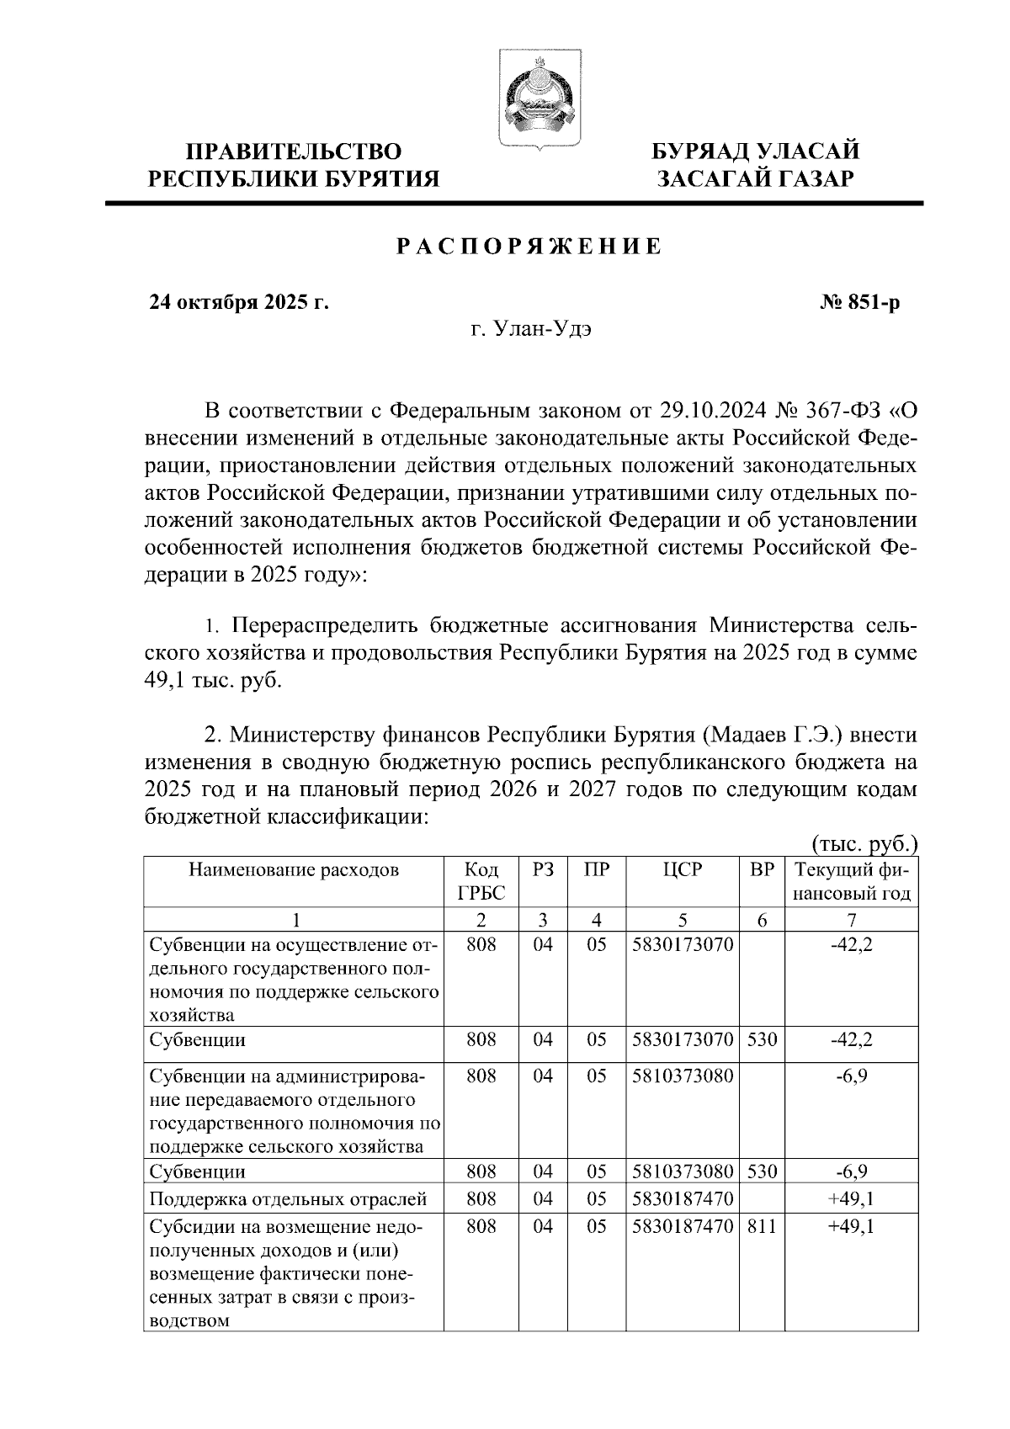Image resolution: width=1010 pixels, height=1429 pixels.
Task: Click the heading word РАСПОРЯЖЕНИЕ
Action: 529,247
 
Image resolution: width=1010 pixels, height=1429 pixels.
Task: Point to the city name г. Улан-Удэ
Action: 531,328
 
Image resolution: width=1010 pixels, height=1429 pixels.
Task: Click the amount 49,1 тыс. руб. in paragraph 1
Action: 215,680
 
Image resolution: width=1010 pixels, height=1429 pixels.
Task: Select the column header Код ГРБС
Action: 481,881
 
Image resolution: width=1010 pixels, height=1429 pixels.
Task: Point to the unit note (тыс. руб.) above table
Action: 864,844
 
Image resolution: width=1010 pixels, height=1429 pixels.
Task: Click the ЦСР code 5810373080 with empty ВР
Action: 682,1076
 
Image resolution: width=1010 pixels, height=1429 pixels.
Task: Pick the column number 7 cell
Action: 851,919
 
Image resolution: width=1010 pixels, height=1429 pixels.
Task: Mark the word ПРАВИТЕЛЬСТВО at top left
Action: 293,151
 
